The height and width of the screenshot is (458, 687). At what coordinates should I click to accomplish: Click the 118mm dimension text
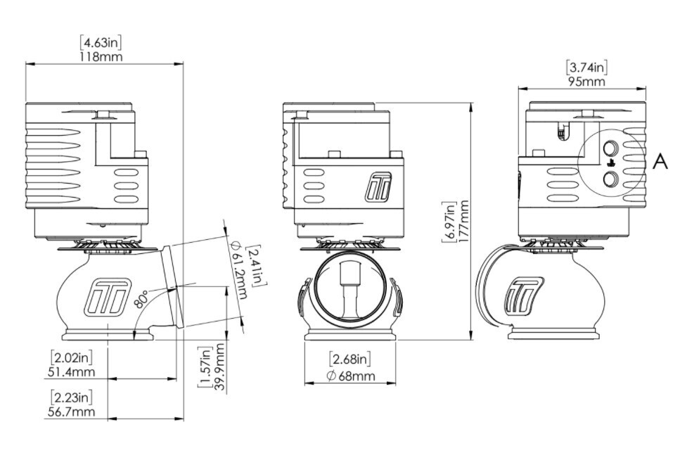point(102,56)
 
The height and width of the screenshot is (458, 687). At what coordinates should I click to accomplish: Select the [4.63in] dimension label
point(101,43)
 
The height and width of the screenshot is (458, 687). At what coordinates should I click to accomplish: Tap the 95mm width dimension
point(586,82)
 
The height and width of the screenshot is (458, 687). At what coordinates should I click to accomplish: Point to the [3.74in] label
point(586,68)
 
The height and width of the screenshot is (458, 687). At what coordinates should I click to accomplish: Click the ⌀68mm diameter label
point(350,376)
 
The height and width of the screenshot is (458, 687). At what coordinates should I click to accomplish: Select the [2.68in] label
point(350,360)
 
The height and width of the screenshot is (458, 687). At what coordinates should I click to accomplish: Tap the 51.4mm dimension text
point(70,372)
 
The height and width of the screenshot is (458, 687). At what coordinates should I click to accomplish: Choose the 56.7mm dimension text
point(70,412)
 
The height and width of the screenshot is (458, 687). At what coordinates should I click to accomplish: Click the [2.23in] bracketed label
point(72,397)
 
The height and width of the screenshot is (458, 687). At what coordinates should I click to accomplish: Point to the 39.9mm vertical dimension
point(219,367)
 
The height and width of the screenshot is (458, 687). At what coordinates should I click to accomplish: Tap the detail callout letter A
point(660,162)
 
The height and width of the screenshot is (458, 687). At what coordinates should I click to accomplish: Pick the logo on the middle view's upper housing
point(379,188)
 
